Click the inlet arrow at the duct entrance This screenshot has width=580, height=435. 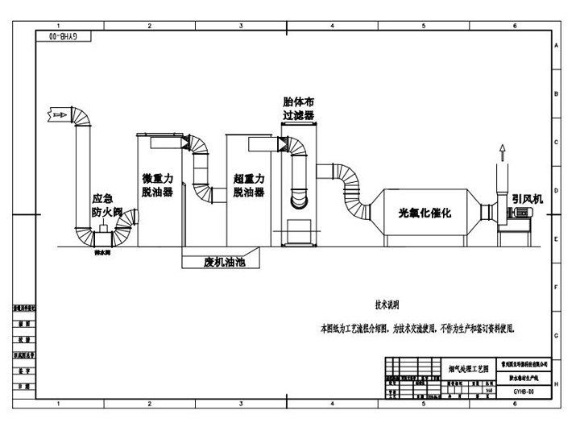(57, 115)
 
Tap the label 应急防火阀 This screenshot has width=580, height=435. (106, 205)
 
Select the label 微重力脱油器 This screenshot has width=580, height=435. (157, 185)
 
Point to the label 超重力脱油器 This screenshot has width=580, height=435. (249, 185)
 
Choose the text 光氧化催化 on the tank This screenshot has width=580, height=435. (425, 213)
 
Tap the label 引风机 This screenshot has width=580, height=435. (528, 198)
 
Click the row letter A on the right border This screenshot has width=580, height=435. (557, 47)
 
